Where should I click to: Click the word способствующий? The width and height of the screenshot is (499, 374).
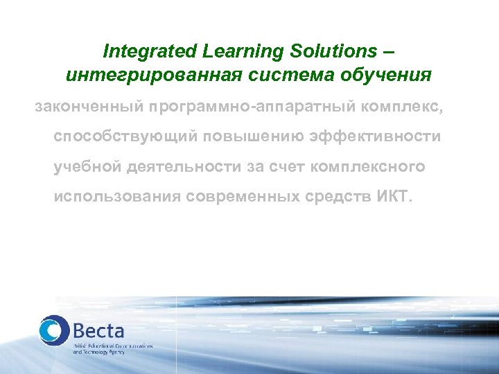click(126, 137)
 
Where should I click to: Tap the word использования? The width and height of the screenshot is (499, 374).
click(117, 197)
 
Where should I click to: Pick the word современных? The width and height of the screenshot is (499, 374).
click(243, 197)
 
